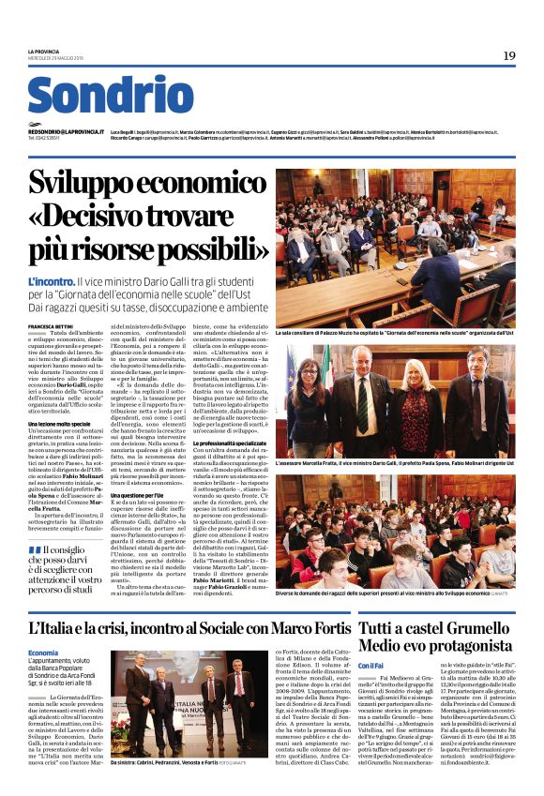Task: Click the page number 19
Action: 508,56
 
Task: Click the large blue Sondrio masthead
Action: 97,96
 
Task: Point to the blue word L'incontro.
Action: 53,280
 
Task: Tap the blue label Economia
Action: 43,652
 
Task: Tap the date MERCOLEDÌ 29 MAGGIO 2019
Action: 57,58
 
